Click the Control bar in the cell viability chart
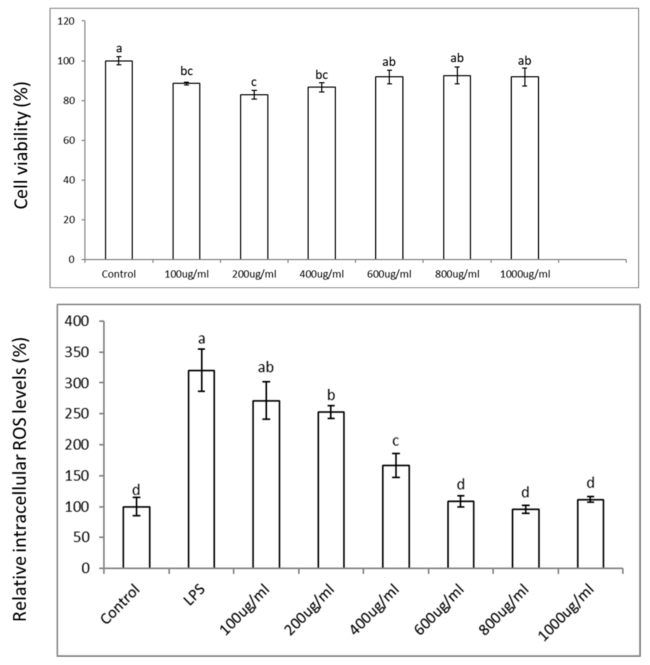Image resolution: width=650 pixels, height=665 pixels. (x=119, y=160)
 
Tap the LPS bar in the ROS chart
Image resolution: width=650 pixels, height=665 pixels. (x=201, y=469)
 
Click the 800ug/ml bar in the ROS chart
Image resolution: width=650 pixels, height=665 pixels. (x=525, y=539)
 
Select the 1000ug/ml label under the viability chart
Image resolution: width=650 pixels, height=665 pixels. (x=525, y=274)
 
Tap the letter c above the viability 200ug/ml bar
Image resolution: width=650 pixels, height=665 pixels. (x=254, y=82)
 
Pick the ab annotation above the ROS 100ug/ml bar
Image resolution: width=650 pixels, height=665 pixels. (x=266, y=367)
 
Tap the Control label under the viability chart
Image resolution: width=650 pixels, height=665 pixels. (x=119, y=274)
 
